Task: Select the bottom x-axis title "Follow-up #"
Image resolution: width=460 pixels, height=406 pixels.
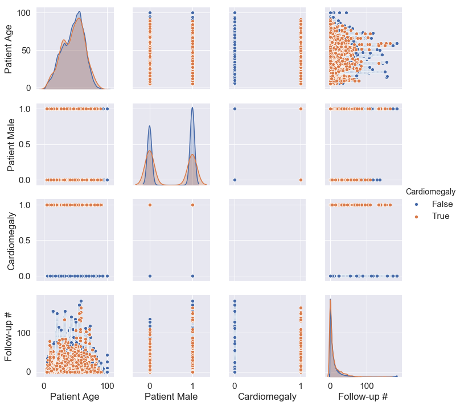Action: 363,396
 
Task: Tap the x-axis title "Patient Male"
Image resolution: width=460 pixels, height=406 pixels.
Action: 171,396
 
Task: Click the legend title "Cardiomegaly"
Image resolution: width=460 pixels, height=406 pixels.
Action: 430,193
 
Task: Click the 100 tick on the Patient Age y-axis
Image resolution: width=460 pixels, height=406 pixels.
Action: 27,12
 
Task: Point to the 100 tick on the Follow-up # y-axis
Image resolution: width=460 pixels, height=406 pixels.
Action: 27,333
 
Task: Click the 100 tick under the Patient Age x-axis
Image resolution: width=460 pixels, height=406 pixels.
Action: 106,384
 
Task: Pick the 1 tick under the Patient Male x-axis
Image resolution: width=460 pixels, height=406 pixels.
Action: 192,384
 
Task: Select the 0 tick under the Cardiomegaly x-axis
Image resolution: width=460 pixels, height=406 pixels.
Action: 235,384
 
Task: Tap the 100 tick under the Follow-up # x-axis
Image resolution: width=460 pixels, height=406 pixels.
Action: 367,384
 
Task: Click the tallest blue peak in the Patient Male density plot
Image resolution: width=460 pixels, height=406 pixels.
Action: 192,107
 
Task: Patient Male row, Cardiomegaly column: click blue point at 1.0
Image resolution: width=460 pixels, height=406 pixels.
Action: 235,109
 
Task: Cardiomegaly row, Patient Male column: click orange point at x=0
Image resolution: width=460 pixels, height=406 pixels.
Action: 150,205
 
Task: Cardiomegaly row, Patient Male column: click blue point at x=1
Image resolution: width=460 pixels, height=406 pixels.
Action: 192,276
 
